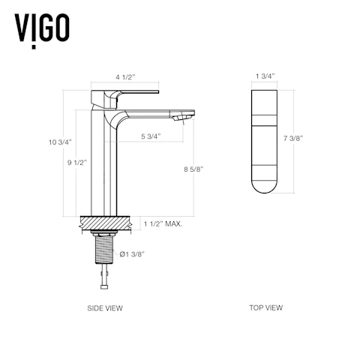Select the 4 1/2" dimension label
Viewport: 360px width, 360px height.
tap(126, 76)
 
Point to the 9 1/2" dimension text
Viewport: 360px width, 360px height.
tap(73, 163)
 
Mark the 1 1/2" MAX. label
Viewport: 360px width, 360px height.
tap(163, 223)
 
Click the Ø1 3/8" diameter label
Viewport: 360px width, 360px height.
tap(131, 254)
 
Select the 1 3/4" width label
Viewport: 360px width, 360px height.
tap(264, 76)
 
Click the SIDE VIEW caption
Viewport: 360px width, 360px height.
tap(106, 307)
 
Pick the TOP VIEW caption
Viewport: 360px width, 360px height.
tap(266, 307)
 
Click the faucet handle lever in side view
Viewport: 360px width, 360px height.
tap(135, 94)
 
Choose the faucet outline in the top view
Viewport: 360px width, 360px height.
tap(264, 142)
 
